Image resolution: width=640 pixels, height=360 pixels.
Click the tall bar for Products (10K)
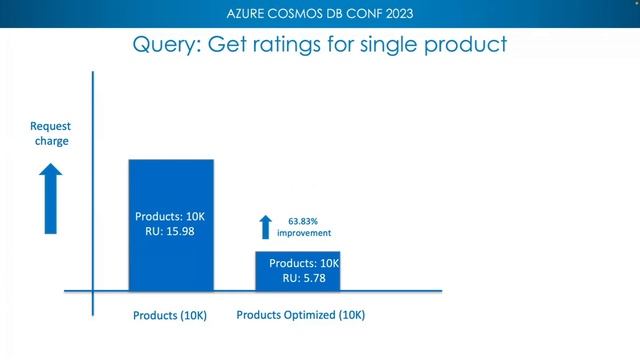pos(170,190)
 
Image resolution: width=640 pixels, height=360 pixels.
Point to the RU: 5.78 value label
pos(304,278)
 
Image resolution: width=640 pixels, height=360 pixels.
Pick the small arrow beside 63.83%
pos(265,227)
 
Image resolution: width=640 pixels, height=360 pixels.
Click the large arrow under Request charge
pos(50,200)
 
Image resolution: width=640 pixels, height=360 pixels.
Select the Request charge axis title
pos(50,134)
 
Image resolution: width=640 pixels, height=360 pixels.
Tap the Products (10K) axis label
pos(170,316)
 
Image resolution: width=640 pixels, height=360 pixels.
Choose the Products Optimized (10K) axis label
pos(301,315)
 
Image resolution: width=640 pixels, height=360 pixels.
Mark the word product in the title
pos(466,46)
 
